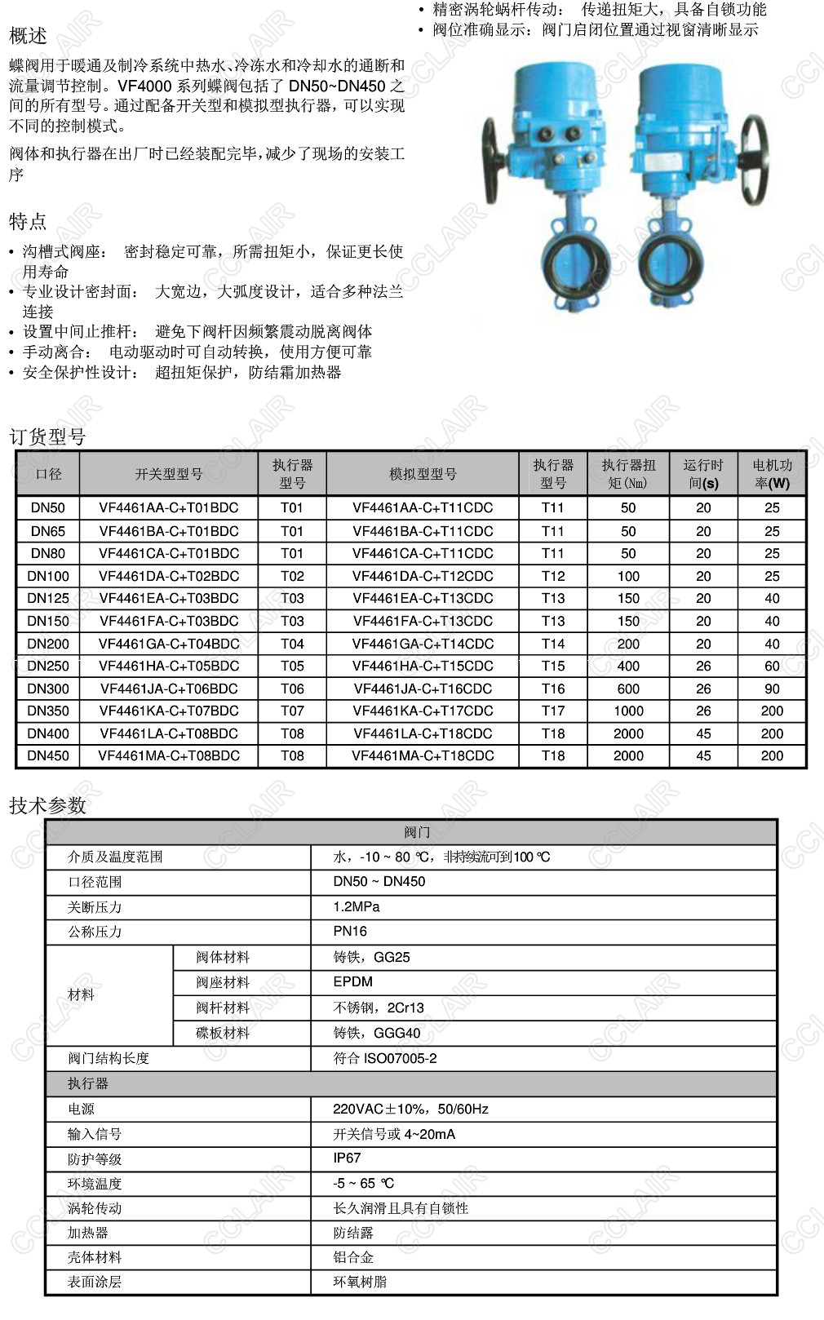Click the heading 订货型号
tap(47, 436)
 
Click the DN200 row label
tap(48, 644)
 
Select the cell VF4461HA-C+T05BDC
tap(169, 666)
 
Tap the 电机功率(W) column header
tap(772, 474)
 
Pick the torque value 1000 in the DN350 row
tap(628, 711)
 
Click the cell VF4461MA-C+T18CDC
tap(423, 755)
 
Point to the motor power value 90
tap(772, 689)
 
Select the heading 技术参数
tap(47, 805)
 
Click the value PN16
tap(350, 931)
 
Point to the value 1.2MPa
tap(357, 906)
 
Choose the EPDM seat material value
tap(352, 981)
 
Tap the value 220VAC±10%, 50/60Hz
tap(410, 1109)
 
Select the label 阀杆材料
tap(223, 1008)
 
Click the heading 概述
tap(28, 36)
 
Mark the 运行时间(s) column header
tap(703, 474)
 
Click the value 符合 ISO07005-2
tap(385, 1058)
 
